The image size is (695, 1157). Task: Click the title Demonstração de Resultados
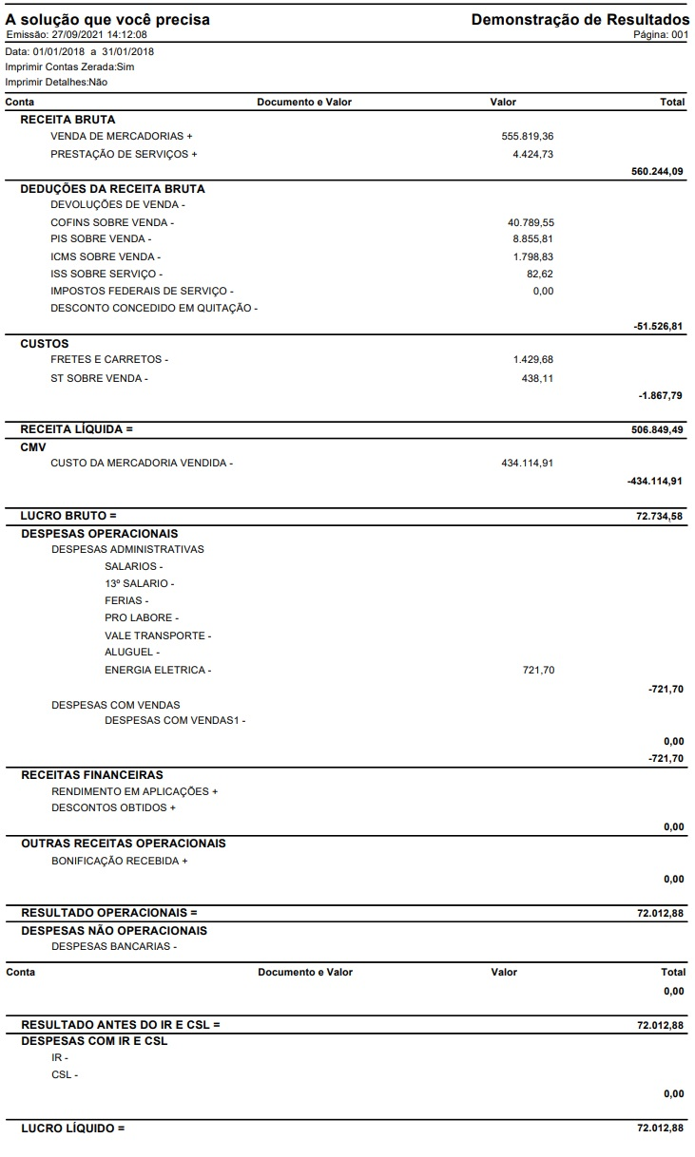(580, 19)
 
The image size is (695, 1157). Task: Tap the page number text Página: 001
(661, 34)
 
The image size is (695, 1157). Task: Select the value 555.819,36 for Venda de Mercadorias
(527, 136)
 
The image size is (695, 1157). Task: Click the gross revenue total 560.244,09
(657, 171)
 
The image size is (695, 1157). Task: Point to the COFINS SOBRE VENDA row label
(112, 222)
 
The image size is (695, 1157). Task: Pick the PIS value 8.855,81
(532, 239)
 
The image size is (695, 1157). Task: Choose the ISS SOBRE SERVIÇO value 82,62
(540, 274)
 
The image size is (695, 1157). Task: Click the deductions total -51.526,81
(658, 326)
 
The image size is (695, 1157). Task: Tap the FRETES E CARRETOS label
(109, 360)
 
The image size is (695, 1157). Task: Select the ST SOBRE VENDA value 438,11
(537, 378)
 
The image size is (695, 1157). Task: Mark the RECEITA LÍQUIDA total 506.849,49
(657, 429)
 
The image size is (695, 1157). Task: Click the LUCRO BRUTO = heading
(68, 516)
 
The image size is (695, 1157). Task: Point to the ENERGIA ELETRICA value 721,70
(538, 671)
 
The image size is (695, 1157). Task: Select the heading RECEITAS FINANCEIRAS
(92, 775)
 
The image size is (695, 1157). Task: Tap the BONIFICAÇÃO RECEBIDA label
(119, 862)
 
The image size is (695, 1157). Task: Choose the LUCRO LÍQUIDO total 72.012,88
(660, 1129)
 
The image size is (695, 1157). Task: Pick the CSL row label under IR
(65, 1075)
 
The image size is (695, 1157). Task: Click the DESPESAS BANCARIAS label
(114, 946)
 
